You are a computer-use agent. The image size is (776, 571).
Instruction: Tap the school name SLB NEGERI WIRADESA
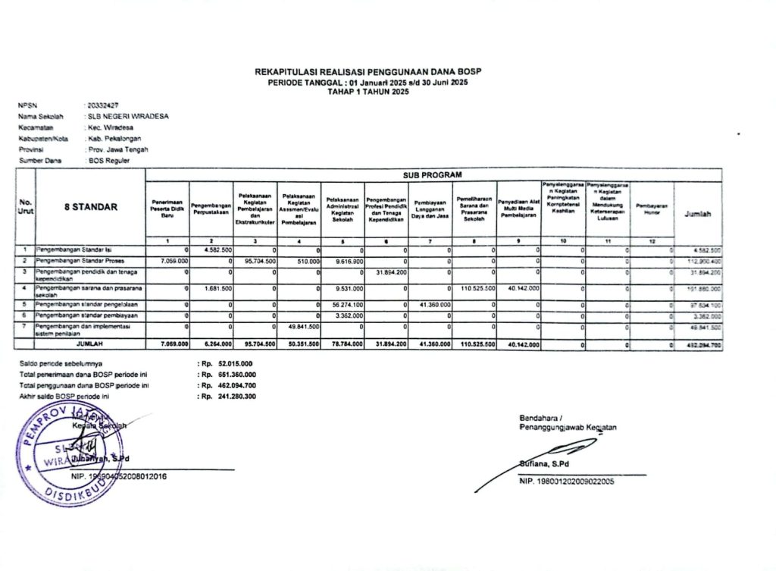click(128, 117)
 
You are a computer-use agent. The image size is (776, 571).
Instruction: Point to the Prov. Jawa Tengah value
click(117, 149)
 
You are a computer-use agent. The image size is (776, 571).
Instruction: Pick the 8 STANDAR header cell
click(90, 207)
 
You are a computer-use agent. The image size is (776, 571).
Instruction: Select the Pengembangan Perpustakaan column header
click(211, 206)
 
